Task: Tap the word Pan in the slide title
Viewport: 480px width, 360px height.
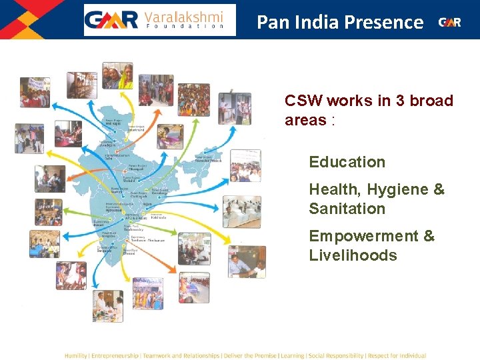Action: pos(270,22)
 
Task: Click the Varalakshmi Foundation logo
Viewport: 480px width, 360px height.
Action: pos(159,20)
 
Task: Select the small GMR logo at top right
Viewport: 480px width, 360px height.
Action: pos(449,22)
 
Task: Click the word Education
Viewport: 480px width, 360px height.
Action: pos(347,162)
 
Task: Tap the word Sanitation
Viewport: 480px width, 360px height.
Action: pos(347,209)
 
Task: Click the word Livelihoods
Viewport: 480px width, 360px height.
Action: pos(353,255)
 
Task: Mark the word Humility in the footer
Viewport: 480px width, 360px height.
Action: pos(75,356)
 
